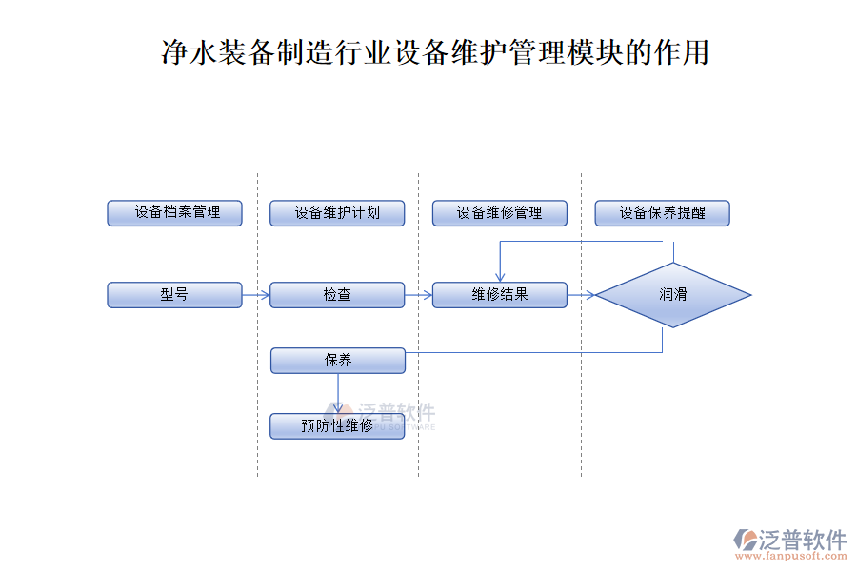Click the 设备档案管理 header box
point(174,213)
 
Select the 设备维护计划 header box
point(337,213)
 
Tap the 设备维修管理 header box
point(500,213)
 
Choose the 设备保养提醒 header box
point(663,213)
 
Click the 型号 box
point(174,295)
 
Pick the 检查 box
point(337,295)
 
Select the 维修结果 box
point(500,295)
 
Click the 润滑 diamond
point(673,295)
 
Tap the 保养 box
point(338,361)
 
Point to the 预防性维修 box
point(337,425)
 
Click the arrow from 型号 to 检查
point(256,295)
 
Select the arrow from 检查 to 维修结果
point(419,295)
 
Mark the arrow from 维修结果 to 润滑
point(582,295)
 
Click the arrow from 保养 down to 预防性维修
point(338,393)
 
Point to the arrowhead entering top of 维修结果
point(500,277)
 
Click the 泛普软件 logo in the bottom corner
point(790,540)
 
